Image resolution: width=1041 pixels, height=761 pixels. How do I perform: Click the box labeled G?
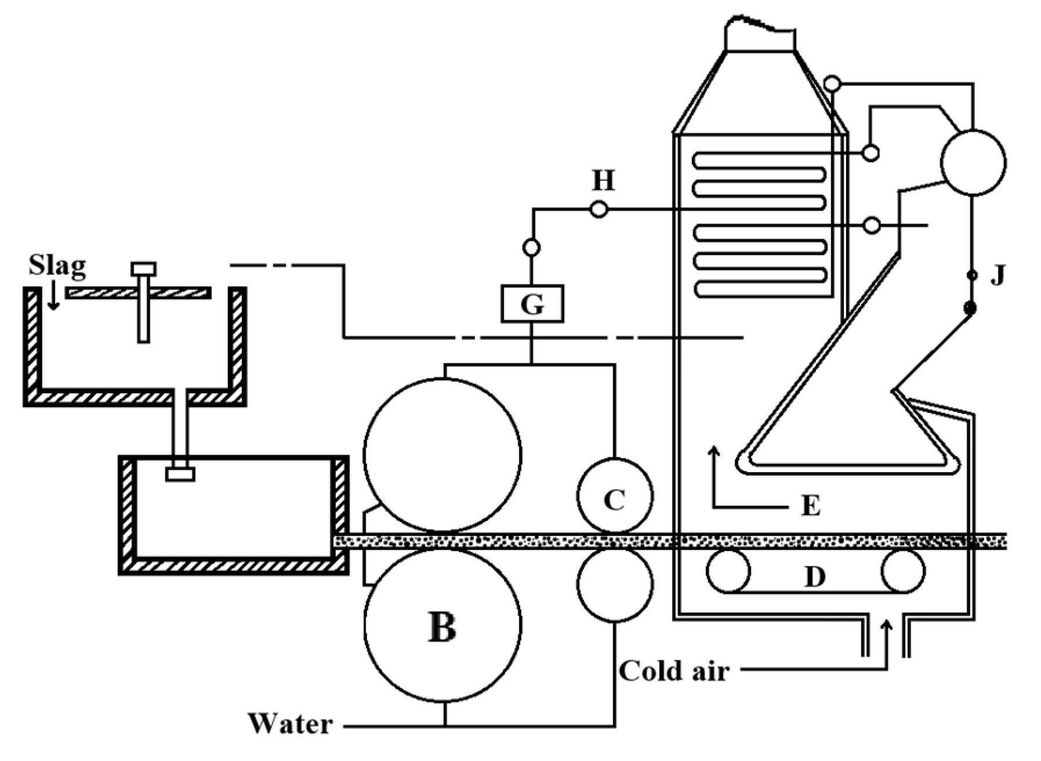pos(532,303)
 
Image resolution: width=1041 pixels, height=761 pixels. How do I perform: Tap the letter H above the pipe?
pos(603,181)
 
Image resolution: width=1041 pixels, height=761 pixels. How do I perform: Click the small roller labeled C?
pos(615,497)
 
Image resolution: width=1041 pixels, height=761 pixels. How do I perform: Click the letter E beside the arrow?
pos(810,506)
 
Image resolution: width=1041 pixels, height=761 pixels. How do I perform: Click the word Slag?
pos(57,266)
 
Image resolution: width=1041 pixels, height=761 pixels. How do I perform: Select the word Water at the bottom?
pos(291,724)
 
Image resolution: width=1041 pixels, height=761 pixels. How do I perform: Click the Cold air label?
pos(673,671)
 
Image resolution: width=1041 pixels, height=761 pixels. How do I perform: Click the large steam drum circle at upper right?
pos(973,163)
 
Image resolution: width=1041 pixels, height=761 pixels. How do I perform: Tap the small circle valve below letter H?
pos(531,248)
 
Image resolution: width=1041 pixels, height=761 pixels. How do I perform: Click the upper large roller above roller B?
pos(442,455)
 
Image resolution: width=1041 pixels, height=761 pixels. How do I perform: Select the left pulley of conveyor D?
pos(728,571)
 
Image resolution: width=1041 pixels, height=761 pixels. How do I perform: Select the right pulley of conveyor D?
pos(902,571)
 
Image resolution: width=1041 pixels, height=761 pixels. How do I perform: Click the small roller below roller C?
pos(615,585)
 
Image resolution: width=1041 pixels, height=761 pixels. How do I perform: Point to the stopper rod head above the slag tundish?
pos(143,269)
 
